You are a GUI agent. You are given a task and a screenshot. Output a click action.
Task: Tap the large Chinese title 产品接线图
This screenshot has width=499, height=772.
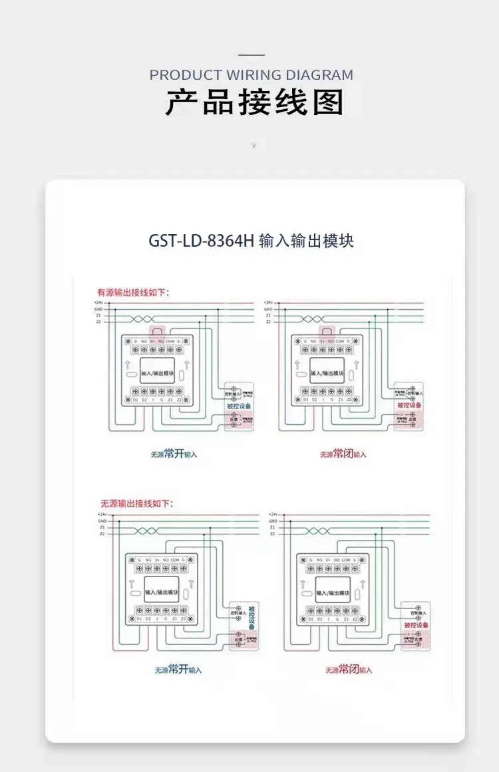[x=254, y=102]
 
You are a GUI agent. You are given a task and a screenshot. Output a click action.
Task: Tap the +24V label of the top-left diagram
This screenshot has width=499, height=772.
[x=98, y=303]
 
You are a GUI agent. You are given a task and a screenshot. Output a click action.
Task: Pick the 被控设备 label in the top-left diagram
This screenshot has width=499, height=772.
[x=239, y=406]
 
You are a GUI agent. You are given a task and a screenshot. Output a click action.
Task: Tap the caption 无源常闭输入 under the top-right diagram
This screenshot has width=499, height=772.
[x=343, y=454]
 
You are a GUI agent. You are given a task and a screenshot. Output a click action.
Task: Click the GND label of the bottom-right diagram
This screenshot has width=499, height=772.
[x=273, y=521]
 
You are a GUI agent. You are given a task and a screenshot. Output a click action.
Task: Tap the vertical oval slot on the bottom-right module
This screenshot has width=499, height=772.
[x=357, y=594]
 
